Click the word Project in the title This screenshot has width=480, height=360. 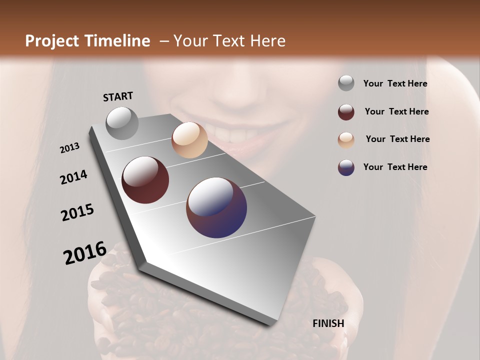51,41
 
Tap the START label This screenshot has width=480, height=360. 118,96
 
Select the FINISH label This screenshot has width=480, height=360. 328,323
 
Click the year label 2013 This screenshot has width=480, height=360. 70,148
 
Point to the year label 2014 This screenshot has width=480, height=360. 74,177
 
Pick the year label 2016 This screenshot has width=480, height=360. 85,252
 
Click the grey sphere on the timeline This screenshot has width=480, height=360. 122,123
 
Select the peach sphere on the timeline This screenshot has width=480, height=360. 189,140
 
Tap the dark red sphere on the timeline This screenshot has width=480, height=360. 145,180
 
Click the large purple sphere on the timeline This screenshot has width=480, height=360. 216,207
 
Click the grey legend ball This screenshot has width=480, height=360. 346,83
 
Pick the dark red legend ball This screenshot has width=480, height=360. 346,112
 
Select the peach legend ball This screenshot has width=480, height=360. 346,139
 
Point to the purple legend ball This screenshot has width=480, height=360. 346,167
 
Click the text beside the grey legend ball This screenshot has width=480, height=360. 395,84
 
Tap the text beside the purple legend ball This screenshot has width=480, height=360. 395,167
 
